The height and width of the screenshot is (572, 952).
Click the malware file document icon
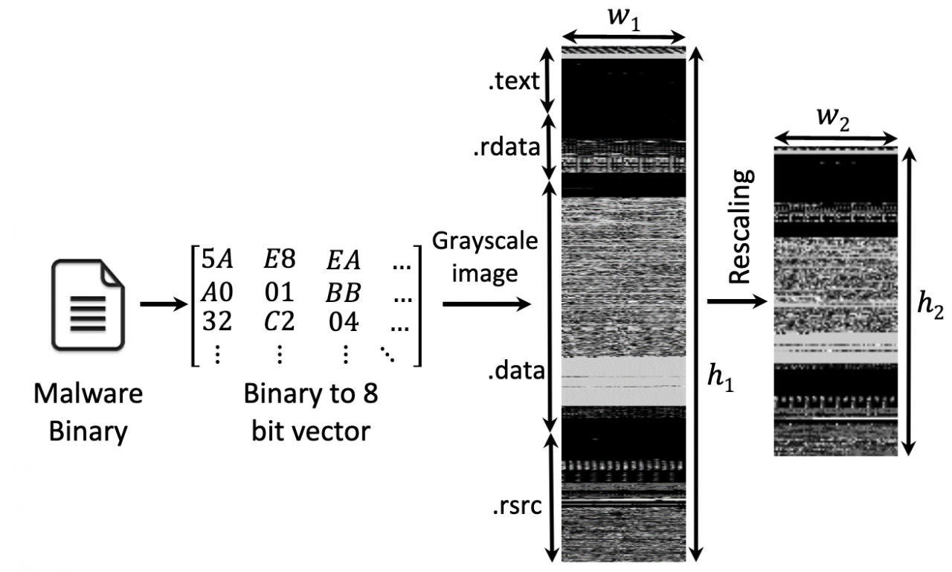tap(88, 305)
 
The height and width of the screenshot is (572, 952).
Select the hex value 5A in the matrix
tap(217, 260)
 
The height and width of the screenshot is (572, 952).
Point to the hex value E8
tap(279, 260)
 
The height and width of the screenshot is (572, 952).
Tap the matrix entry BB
tap(344, 292)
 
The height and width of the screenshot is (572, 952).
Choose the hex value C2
tap(279, 321)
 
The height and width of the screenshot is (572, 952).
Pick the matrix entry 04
tap(344, 321)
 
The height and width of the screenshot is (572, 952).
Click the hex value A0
tap(217, 292)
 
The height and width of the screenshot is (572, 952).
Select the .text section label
tap(514, 81)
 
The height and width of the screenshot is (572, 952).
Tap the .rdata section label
tap(506, 147)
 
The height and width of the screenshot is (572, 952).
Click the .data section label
tap(516, 370)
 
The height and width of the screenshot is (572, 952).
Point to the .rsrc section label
tap(517, 506)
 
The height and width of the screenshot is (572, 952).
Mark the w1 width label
tap(624, 19)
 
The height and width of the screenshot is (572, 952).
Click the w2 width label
tap(834, 118)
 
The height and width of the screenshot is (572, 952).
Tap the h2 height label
tap(930, 305)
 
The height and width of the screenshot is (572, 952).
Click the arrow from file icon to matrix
tap(164, 303)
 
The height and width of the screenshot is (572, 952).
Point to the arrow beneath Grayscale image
tap(487, 303)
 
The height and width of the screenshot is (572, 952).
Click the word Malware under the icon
tap(88, 394)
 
